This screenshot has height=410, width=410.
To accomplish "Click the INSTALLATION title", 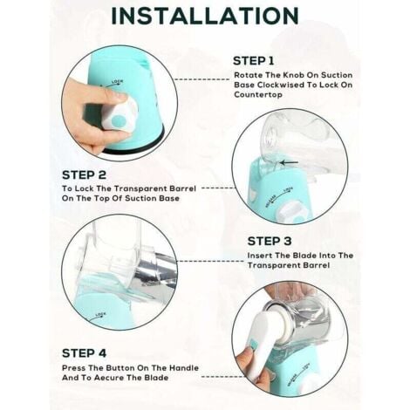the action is click(x=205, y=16).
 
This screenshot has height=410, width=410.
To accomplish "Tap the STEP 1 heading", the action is click(x=253, y=61).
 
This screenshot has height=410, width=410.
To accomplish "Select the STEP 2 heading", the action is click(x=84, y=175).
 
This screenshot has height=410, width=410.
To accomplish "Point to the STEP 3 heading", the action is click(x=270, y=242).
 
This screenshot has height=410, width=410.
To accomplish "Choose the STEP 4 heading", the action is click(x=84, y=353).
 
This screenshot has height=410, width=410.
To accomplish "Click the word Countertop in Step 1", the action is click(x=258, y=95).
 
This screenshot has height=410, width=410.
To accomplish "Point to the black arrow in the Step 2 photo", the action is click(x=289, y=163).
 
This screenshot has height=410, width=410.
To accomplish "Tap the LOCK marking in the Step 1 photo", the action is click(x=117, y=82).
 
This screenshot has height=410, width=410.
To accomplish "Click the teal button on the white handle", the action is click(x=252, y=345).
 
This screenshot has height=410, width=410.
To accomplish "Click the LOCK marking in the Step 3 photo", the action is click(x=100, y=315).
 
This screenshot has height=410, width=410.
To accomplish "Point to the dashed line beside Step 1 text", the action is click(x=202, y=79).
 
